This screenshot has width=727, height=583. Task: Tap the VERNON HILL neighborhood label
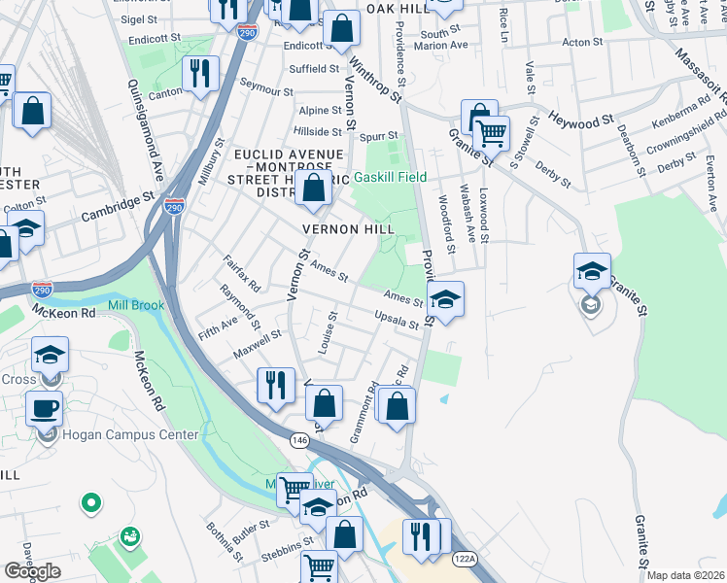(349, 228)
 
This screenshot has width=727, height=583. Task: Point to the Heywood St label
(583, 120)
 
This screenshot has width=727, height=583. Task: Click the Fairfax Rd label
(241, 273)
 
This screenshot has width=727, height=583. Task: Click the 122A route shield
(465, 557)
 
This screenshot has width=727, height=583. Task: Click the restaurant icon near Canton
(200, 74)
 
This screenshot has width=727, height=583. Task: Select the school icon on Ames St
(445, 298)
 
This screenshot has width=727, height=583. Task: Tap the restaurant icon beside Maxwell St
(275, 384)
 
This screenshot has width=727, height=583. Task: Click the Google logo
(32, 571)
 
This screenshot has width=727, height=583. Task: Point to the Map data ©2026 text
(686, 575)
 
